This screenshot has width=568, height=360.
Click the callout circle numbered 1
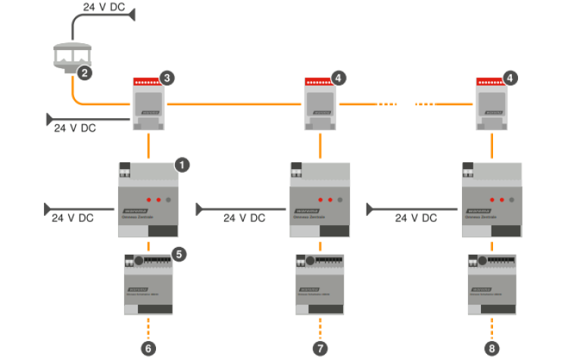tap(182, 164)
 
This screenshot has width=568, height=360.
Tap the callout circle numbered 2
tap(85, 74)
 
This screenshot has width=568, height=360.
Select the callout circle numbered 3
tap(166, 77)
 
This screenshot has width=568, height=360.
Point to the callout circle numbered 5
tap(179, 255)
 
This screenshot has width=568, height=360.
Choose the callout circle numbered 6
tap(148, 348)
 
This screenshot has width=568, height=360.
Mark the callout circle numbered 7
tap(321, 348)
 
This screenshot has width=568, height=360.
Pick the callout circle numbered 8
tap(494, 348)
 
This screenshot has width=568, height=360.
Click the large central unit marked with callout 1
tap(148, 201)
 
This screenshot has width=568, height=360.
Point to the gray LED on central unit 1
tap(168, 199)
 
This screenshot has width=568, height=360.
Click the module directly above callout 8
tap(493, 284)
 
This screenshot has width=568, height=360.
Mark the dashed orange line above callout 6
tap(148, 327)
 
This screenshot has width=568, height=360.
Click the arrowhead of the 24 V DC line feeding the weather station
tap(133, 14)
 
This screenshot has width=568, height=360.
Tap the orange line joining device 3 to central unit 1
tap(148, 144)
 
